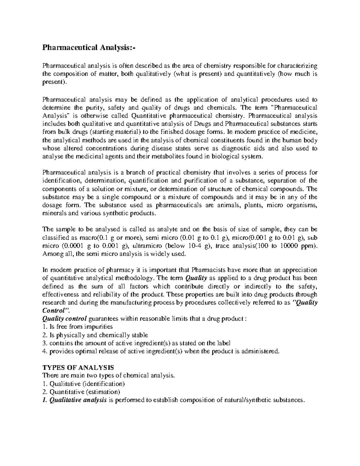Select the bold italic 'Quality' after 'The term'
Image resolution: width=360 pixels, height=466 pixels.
(197, 278)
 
